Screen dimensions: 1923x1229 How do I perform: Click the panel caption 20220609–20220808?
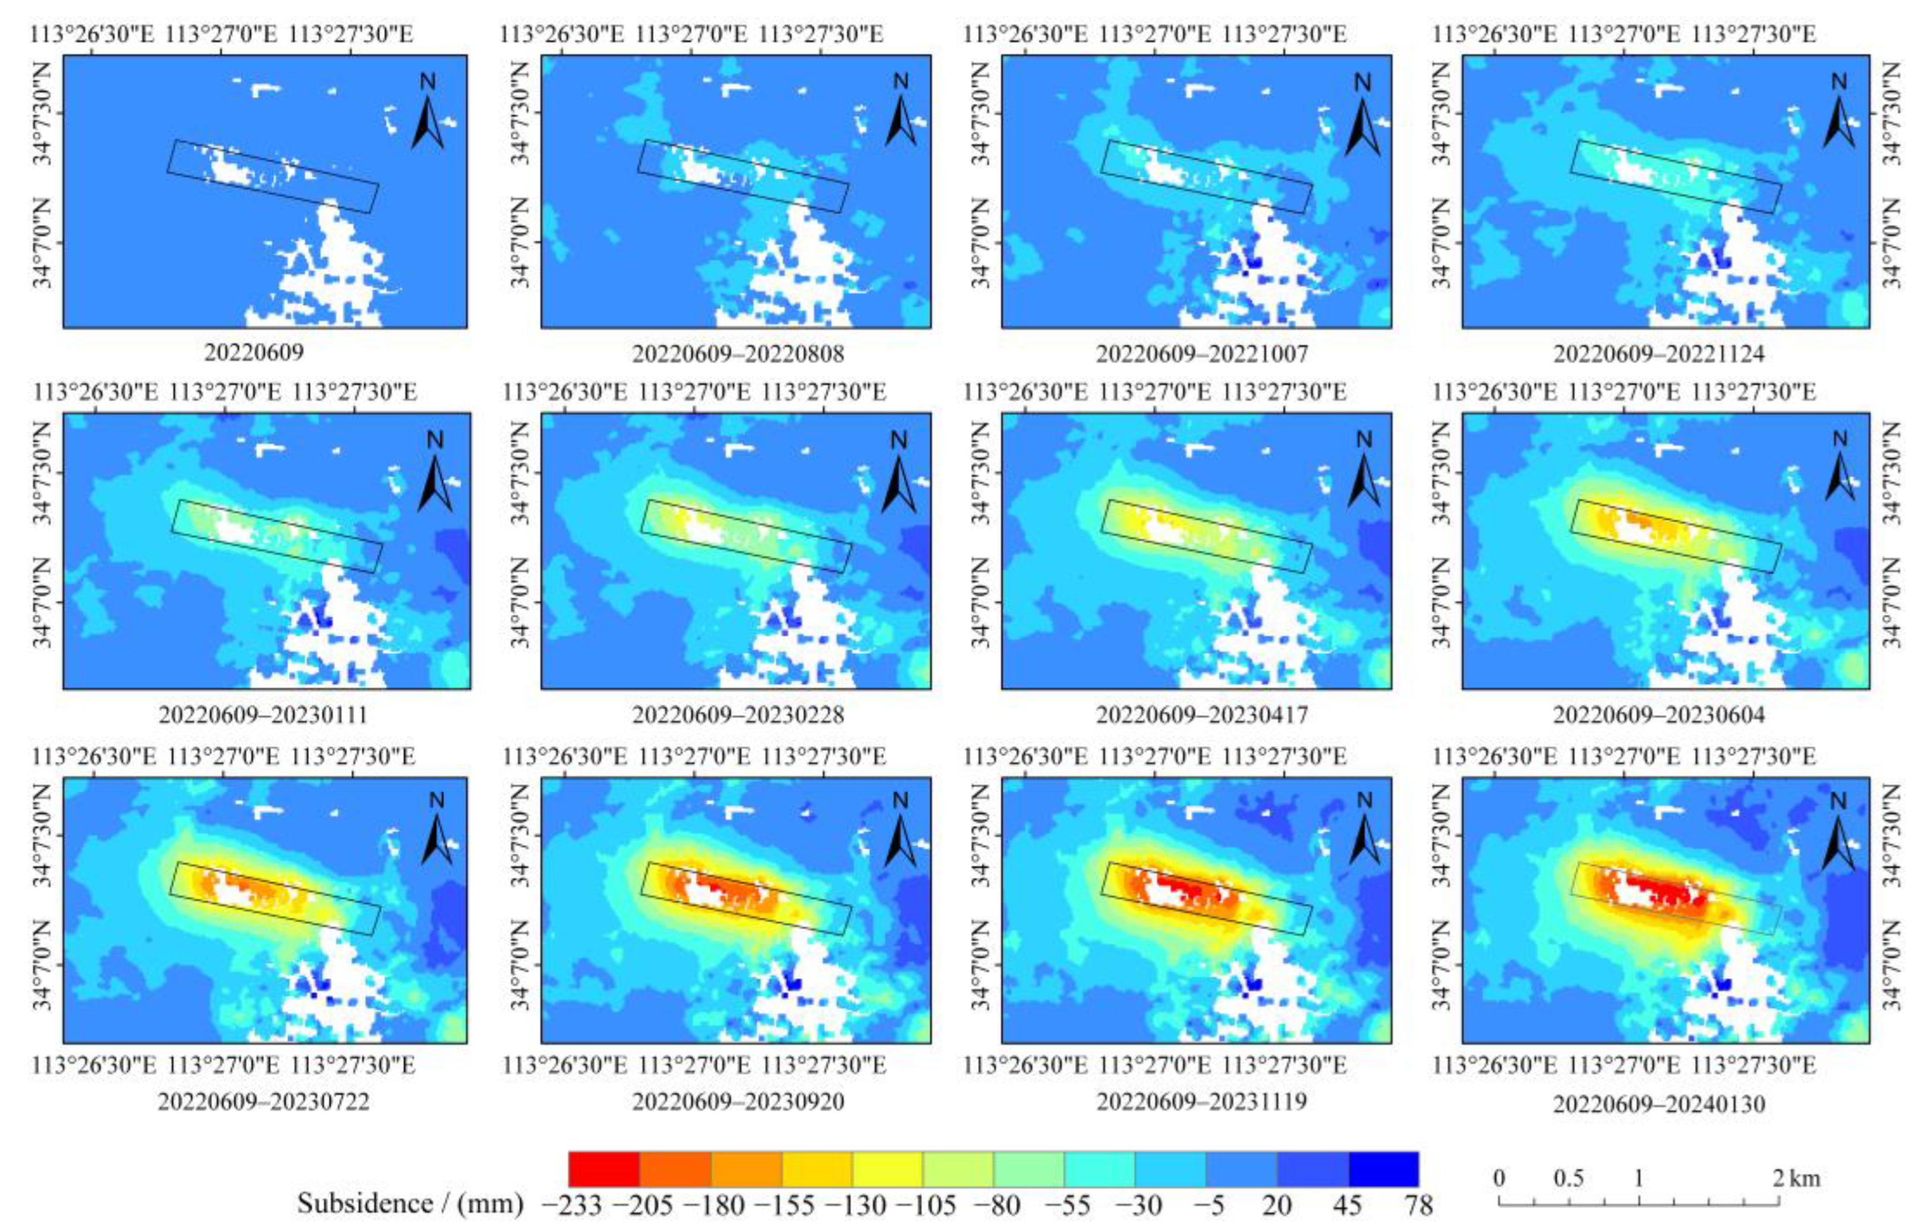click(x=737, y=353)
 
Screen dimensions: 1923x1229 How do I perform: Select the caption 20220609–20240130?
click(x=1658, y=1104)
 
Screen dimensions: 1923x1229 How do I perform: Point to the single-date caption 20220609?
click(x=254, y=352)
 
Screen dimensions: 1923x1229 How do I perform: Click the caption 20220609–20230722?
click(x=263, y=1102)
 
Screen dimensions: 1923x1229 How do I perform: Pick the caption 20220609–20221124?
click(x=1658, y=353)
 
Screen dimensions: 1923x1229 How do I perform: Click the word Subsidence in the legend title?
click(x=365, y=1203)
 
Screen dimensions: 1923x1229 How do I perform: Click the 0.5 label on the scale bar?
click(x=1569, y=1178)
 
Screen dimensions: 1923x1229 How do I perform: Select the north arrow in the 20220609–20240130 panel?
click(x=1839, y=831)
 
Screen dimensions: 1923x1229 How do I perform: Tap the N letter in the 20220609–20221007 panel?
click(x=1362, y=82)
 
